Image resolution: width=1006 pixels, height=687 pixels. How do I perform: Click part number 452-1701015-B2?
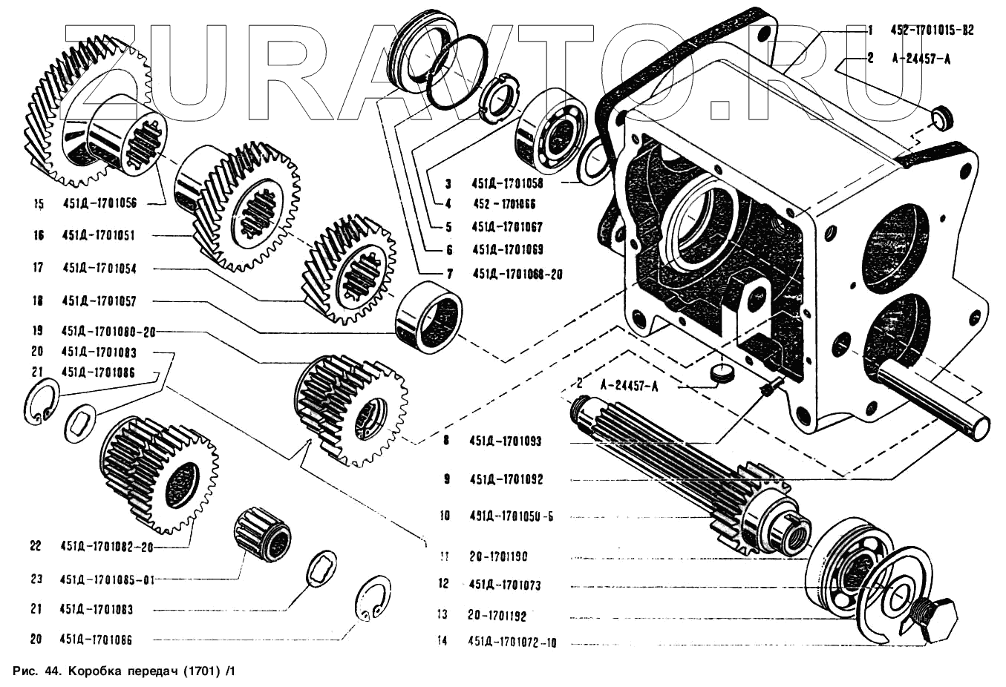pyautogui.click(x=932, y=30)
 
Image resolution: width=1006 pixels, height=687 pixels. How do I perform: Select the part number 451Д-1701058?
pyautogui.click(x=506, y=183)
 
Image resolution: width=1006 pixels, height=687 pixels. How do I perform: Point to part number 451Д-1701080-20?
pyautogui.click(x=108, y=331)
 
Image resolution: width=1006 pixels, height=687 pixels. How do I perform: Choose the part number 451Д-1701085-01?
pyautogui.click(x=108, y=579)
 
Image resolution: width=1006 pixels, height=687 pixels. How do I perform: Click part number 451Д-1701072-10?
pyautogui.click(x=512, y=642)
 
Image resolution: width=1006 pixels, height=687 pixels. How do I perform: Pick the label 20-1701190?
pyautogui.click(x=497, y=556)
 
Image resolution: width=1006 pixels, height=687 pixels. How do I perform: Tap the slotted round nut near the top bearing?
pyautogui.click(x=497, y=96)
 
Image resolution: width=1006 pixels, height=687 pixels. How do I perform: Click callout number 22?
pyautogui.click(x=36, y=545)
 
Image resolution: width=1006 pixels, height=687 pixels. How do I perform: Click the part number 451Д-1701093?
pyautogui.click(x=505, y=441)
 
